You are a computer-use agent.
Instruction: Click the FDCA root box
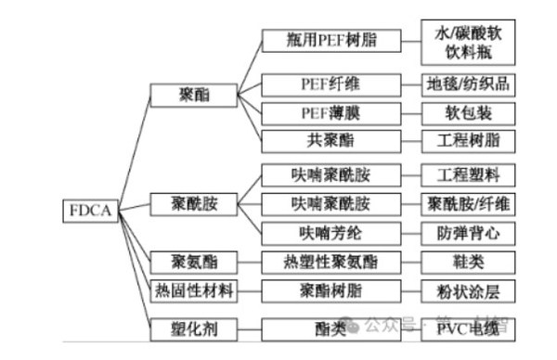(x=90, y=211)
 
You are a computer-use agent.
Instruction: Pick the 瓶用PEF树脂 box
(x=330, y=40)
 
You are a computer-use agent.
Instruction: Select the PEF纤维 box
(x=330, y=84)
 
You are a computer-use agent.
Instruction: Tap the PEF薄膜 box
(x=330, y=112)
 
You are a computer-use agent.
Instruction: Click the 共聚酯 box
(x=330, y=141)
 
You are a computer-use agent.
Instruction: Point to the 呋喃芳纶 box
(x=330, y=231)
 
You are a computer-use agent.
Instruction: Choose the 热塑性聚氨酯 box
(x=330, y=262)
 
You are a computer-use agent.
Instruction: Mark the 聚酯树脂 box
(x=330, y=290)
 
